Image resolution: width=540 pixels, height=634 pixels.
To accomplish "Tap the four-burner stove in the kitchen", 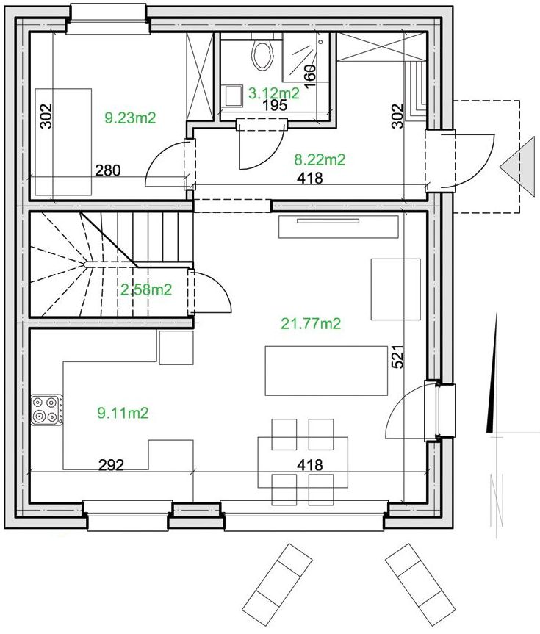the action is [47, 410].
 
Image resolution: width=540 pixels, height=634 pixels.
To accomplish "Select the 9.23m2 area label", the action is [130, 118].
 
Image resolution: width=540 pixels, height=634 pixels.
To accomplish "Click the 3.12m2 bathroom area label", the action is [274, 93].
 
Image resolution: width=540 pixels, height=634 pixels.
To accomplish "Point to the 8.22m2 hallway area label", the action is [320, 160].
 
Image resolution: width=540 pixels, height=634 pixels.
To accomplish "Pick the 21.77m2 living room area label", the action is [311, 323].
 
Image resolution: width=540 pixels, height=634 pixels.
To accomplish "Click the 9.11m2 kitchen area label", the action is [123, 413].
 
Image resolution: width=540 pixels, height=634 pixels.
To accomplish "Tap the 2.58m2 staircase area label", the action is [146, 289].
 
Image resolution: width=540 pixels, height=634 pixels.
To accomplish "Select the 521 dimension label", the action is [397, 356].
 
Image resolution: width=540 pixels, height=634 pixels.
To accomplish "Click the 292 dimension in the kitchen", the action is [111, 465].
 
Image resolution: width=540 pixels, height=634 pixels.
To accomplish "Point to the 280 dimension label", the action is [108, 170].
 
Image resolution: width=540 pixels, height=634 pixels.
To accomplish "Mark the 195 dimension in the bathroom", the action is [275, 105].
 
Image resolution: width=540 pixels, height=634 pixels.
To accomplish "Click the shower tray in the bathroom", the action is [306, 58].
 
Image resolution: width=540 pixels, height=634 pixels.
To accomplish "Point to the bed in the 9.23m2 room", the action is [63, 142].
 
